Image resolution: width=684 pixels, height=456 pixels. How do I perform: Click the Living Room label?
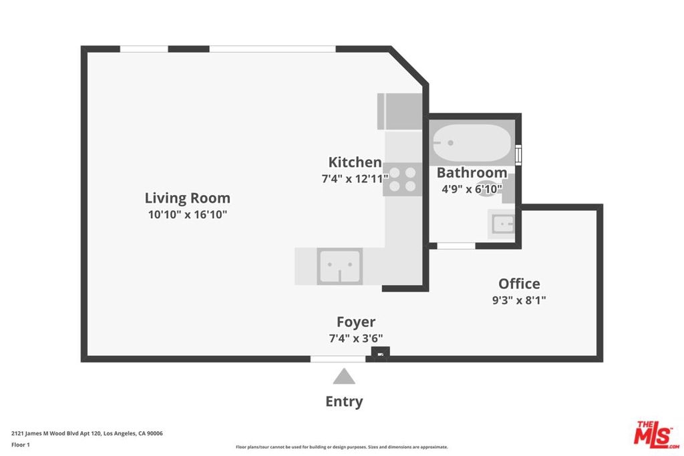click(x=188, y=198)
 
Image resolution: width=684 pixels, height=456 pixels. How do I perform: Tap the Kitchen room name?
click(x=355, y=162)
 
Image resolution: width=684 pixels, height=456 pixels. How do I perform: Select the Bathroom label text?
click(x=472, y=173)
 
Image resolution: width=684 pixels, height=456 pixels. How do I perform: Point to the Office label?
click(x=519, y=284)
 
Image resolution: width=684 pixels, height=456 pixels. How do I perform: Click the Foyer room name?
click(x=356, y=322)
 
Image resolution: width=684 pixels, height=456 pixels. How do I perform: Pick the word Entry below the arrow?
click(x=344, y=401)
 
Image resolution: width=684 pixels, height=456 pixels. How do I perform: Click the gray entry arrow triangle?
click(x=344, y=377)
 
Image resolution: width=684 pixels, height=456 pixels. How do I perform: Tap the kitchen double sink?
click(x=340, y=266)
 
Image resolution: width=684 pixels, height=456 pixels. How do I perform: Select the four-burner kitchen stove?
click(x=402, y=179)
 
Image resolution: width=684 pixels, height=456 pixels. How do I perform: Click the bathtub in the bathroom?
click(x=472, y=143)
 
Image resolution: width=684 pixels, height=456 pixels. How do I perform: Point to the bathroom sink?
click(x=502, y=224)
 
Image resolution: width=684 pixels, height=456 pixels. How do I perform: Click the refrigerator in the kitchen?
click(x=399, y=111)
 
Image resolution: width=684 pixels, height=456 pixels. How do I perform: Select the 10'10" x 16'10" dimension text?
click(x=188, y=214)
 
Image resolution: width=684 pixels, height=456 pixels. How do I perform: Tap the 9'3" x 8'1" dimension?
click(x=519, y=300)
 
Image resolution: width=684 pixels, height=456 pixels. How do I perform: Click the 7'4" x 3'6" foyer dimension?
click(x=356, y=338)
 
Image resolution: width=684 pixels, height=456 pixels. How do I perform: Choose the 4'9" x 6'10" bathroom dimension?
click(x=472, y=189)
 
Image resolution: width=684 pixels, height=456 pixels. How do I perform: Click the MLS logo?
click(x=657, y=435)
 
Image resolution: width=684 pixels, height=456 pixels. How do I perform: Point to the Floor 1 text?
click(x=21, y=445)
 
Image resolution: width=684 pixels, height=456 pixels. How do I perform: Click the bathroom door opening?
click(x=456, y=246)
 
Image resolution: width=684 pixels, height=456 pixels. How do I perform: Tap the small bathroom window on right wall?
click(x=518, y=155)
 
